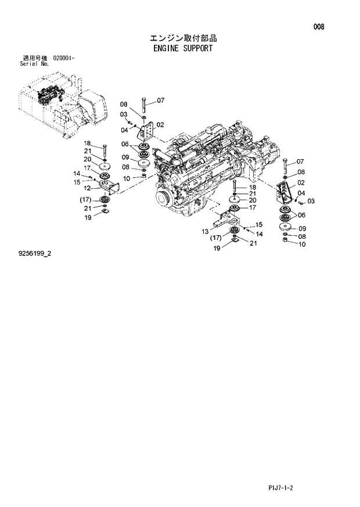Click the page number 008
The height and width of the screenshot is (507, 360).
(319, 27)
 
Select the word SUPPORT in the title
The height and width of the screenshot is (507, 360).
(198, 49)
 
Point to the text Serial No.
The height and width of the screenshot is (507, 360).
(33, 63)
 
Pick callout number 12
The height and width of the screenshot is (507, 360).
(88, 188)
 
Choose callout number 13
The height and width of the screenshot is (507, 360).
(205, 231)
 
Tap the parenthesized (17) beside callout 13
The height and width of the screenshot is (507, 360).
(216, 238)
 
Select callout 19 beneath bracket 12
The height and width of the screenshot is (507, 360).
(88, 218)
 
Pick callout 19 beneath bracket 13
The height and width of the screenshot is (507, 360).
(216, 248)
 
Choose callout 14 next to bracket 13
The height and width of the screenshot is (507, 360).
(259, 233)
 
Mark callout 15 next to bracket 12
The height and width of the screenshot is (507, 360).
(77, 182)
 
